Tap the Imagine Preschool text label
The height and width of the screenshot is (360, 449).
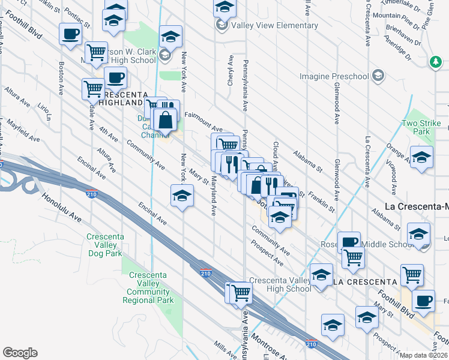tap(334, 76)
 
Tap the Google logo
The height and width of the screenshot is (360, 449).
tap(20, 353)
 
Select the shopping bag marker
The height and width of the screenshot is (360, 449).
tap(165, 119)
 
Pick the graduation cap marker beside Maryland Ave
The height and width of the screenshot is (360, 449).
tap(182, 197)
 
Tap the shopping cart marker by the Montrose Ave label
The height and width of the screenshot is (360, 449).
tap(241, 293)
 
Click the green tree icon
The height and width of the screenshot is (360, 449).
tap(435, 61)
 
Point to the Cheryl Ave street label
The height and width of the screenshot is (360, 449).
tap(230, 71)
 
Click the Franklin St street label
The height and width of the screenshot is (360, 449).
tap(323, 202)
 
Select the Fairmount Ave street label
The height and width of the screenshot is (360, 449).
tap(203, 122)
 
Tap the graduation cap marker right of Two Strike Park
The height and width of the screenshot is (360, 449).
tap(422, 158)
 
